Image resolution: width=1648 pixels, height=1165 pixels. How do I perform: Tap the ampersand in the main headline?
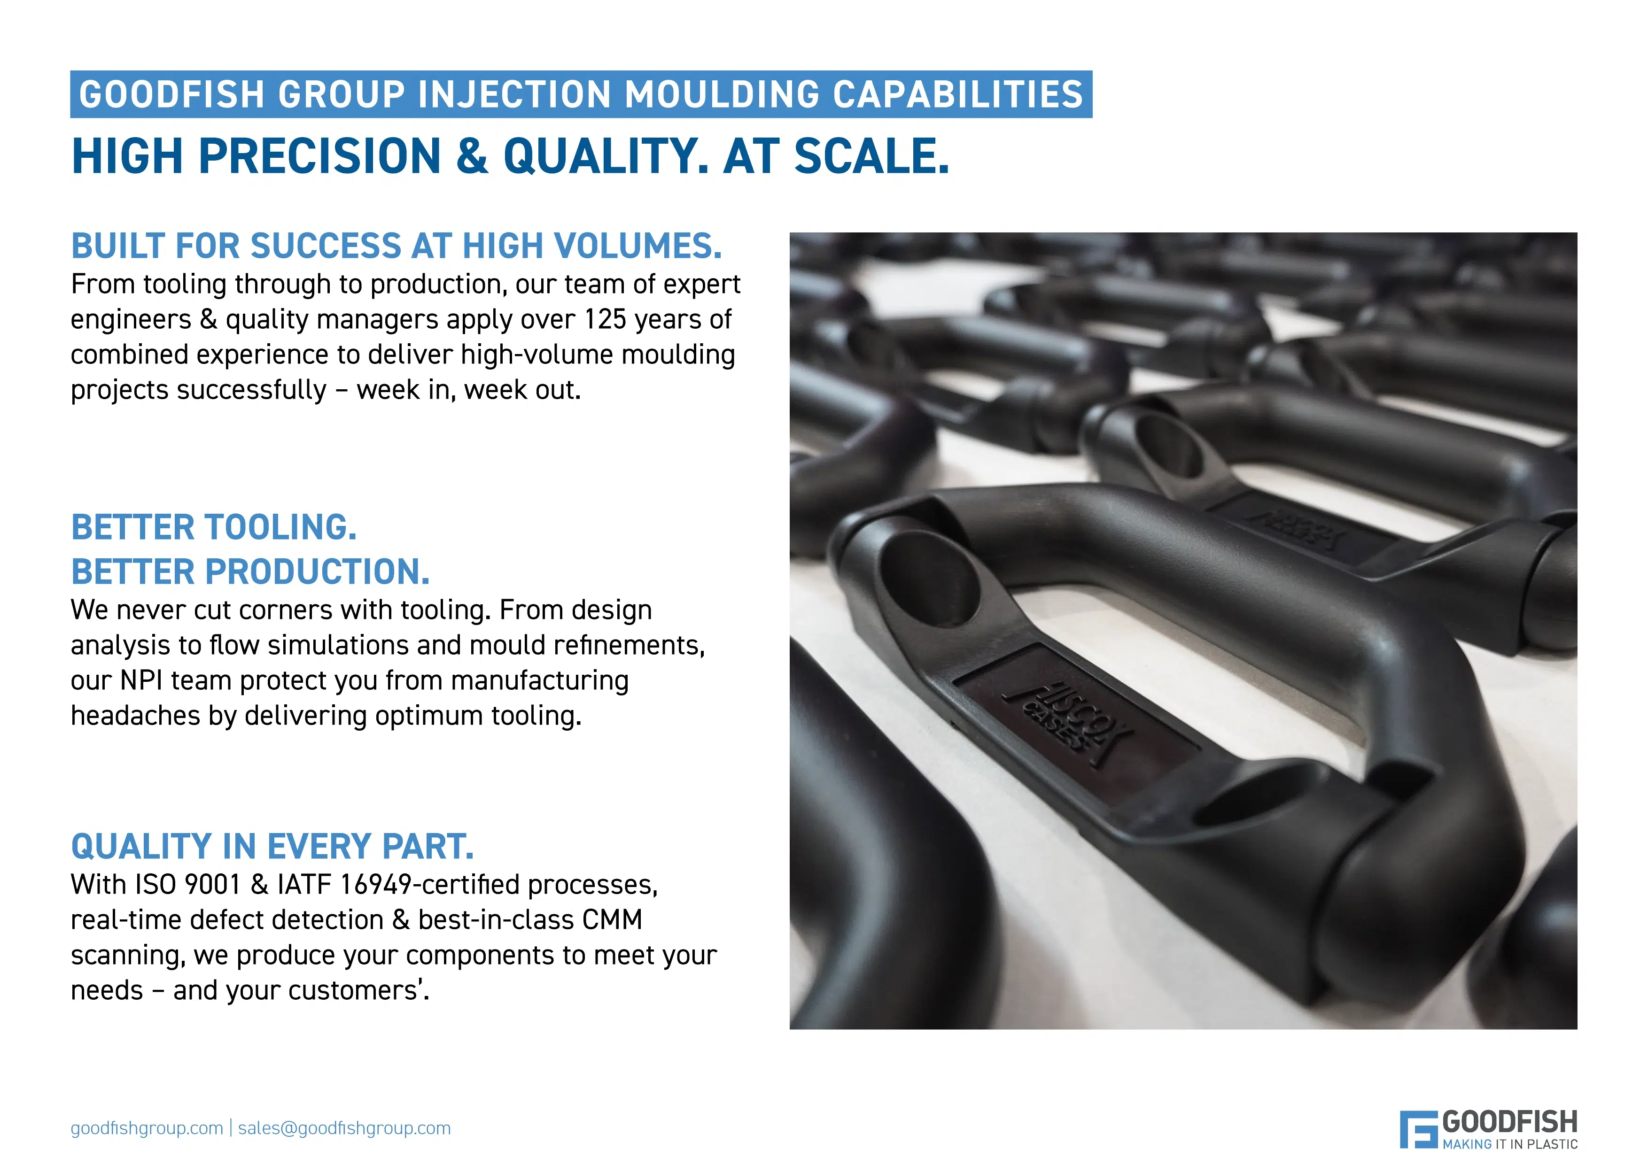click(x=472, y=156)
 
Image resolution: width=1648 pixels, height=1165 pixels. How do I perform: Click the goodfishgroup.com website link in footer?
click(x=147, y=1128)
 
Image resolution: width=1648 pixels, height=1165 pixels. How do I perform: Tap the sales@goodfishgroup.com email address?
click(x=344, y=1128)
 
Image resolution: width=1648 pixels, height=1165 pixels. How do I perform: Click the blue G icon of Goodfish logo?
click(x=1418, y=1129)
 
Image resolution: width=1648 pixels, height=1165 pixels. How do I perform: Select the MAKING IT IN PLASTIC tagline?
click(x=1510, y=1144)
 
